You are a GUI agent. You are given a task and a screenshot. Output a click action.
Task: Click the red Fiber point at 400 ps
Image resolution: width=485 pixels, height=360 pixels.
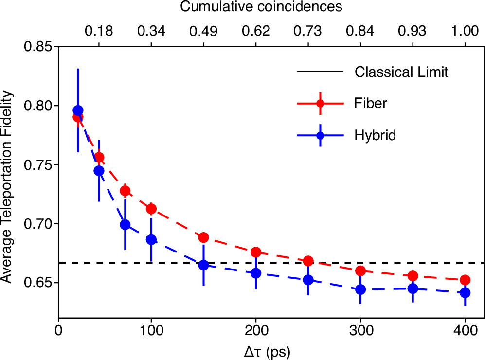465,280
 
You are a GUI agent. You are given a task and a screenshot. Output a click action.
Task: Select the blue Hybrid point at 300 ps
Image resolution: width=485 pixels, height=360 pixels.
360,289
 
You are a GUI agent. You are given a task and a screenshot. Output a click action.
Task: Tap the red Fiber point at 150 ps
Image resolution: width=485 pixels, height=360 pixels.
204,237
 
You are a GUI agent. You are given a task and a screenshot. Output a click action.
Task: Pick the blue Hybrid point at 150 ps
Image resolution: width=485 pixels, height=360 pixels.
204,265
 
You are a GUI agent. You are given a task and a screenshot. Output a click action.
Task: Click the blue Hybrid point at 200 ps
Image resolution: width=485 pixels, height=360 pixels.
256,273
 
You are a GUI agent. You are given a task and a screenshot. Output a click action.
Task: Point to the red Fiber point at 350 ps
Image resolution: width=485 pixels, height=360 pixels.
413,276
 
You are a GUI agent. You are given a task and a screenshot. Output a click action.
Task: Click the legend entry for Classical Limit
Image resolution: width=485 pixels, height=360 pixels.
401,72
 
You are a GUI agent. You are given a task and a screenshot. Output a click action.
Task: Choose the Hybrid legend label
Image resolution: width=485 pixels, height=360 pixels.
376,135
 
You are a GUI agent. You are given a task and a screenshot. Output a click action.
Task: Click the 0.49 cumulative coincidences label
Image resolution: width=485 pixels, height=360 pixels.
204,31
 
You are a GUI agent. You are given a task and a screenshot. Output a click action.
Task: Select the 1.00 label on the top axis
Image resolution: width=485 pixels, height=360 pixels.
465,31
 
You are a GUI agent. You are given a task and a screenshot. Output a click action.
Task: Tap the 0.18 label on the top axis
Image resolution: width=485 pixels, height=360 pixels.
99,31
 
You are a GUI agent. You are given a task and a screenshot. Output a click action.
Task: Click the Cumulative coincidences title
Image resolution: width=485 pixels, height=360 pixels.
261,7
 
